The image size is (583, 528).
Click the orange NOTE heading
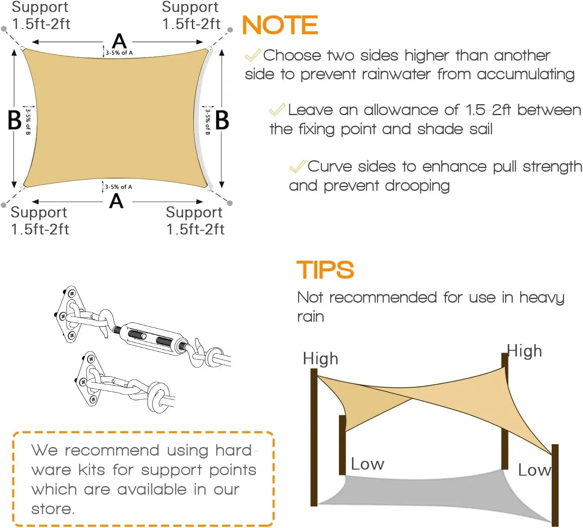280,25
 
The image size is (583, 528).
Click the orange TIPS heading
325,270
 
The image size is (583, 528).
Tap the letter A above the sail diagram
119,41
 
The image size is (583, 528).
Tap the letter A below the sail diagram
116,201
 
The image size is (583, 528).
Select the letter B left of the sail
15,120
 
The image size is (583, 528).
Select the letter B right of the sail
222,120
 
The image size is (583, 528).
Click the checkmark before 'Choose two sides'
253,55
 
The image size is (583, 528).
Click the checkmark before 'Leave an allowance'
277,109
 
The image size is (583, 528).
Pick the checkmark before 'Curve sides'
297,166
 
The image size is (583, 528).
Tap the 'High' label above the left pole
320,359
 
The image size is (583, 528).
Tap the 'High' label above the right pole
524,351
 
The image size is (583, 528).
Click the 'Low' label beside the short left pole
367,464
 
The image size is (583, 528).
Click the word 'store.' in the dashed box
53,509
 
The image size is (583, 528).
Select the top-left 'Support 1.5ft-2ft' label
41,15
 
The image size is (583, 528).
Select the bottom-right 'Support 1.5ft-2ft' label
195,220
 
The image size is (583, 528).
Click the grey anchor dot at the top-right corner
230,30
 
